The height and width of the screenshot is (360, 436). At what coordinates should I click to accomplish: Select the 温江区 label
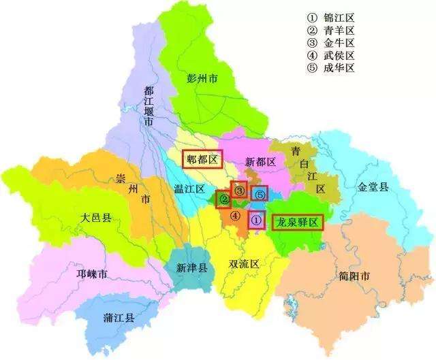pyautogui.click(x=189, y=191)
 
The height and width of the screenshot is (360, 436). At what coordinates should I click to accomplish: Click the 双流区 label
pyautogui.click(x=243, y=263)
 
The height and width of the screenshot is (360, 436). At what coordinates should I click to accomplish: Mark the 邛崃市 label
pyautogui.click(x=92, y=274)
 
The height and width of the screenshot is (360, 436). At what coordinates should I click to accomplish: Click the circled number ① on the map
pyautogui.click(x=255, y=220)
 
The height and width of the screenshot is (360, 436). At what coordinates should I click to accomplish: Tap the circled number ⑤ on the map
pyautogui.click(x=259, y=195)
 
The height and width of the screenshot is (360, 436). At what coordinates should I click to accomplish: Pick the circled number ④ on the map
pyautogui.click(x=234, y=216)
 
